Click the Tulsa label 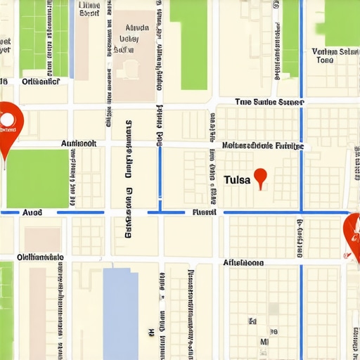[237, 180]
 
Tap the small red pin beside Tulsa [261, 176]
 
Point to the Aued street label [32, 212]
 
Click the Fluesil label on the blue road [204, 212]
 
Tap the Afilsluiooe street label [243, 262]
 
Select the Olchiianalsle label [40, 257]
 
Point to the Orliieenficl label [41, 82]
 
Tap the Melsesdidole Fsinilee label [262, 146]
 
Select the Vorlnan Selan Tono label [335, 56]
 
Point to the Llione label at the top [89, 8]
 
